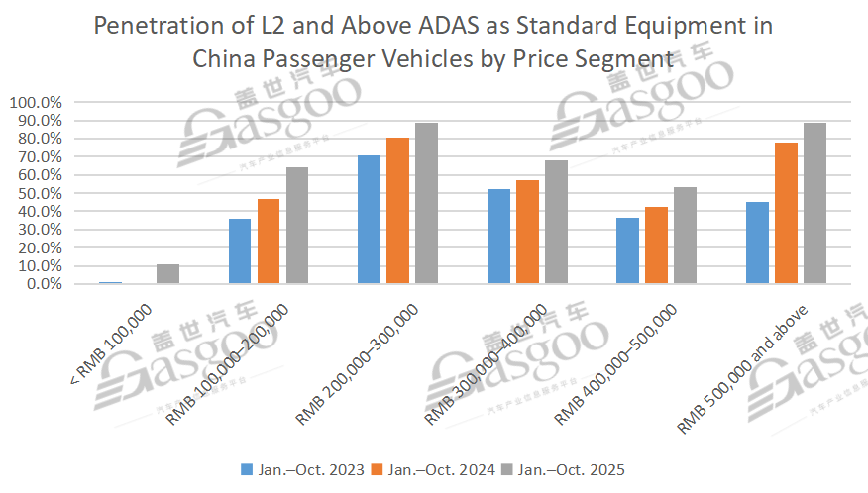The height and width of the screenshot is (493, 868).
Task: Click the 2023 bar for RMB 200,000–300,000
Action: click(369, 220)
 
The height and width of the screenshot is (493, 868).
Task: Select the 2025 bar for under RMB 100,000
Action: click(168, 274)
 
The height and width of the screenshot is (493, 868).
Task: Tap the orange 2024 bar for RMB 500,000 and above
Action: click(786, 213)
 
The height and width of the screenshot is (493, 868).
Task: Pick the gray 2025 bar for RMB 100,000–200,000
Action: click(297, 226)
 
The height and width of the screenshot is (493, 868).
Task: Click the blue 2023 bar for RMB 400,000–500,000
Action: click(627, 250)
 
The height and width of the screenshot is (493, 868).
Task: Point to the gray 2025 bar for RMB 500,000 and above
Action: click(814, 203)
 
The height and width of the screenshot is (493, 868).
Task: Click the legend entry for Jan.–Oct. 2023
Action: click(303, 469)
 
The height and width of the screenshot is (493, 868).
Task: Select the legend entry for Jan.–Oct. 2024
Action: click(435, 469)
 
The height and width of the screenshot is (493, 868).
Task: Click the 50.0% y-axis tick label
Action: click(38, 193)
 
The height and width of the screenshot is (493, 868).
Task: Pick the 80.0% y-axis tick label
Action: click(38, 139)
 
